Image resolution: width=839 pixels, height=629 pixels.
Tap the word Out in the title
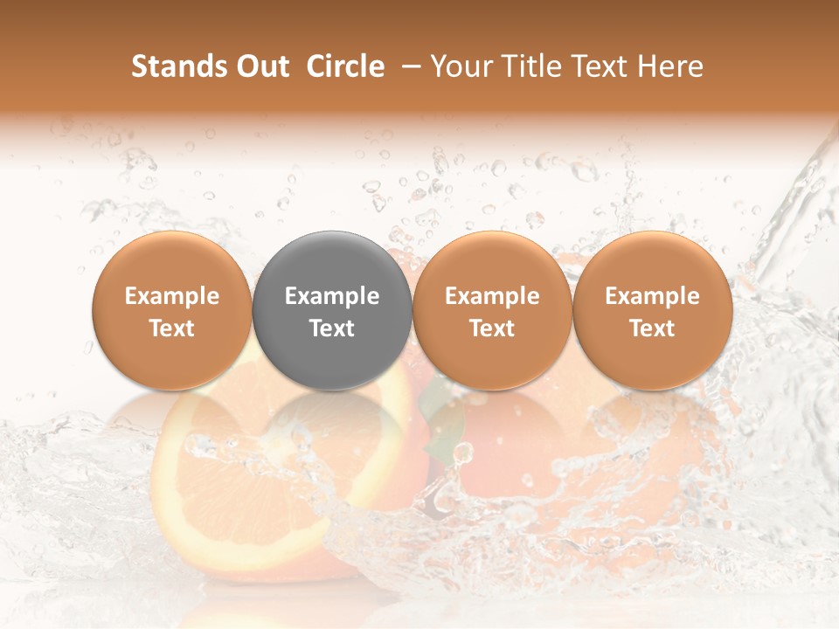(x=263, y=66)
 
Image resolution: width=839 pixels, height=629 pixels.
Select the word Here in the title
(x=673, y=66)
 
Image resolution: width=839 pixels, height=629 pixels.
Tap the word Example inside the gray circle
(x=332, y=296)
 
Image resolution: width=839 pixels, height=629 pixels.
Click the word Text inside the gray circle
(x=332, y=328)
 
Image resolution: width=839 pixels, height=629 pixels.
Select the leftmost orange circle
(x=172, y=310)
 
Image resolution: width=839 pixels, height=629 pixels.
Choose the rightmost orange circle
(x=652, y=310)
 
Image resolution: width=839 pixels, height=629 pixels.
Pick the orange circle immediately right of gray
(x=492, y=310)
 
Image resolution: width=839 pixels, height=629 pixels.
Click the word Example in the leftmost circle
(x=172, y=296)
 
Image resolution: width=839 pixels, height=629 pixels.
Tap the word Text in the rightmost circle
(x=652, y=328)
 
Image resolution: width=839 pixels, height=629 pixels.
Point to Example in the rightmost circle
(x=652, y=296)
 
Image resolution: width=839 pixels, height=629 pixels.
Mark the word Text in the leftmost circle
(x=172, y=328)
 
